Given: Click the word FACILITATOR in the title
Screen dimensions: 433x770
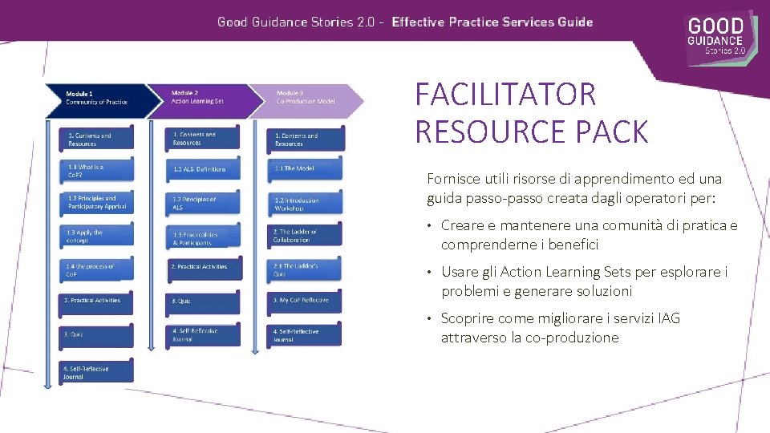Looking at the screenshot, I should click(505, 95).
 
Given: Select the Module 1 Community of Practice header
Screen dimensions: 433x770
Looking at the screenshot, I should click(96, 98).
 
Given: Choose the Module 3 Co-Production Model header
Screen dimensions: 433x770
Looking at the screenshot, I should click(305, 98).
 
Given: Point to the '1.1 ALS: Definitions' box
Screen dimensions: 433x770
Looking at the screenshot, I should click(204, 169).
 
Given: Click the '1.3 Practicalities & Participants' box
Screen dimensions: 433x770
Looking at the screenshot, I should click(204, 238).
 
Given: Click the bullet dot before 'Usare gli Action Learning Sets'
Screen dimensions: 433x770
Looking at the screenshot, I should click(431, 273).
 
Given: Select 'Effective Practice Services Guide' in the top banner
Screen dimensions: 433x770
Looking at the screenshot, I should click(492, 22).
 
